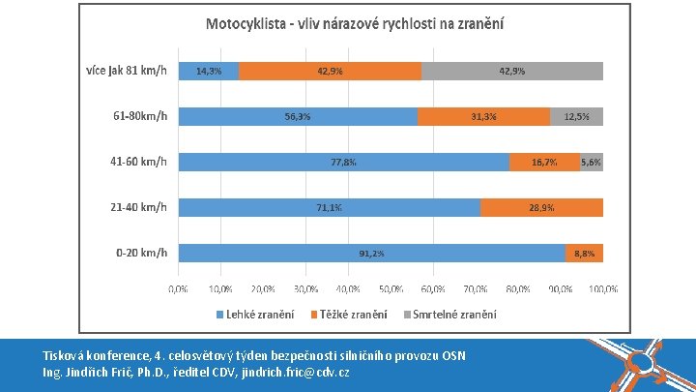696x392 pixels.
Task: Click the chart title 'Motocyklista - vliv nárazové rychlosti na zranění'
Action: pyautogui.click(x=354, y=22)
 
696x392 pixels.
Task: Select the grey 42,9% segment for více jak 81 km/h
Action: pyautogui.click(x=512, y=71)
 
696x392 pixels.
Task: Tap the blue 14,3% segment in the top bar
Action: pyautogui.click(x=209, y=71)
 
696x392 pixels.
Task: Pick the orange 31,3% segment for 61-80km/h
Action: pyautogui.click(x=483, y=116)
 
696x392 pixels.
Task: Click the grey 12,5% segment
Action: pyautogui.click(x=576, y=116)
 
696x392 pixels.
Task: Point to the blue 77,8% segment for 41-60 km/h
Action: pyautogui.click(x=343, y=162)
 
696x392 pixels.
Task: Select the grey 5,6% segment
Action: pyautogui.click(x=592, y=162)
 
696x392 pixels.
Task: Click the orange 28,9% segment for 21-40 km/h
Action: pyautogui.click(x=541, y=207)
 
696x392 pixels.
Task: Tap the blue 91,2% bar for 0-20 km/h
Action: pyautogui.click(x=371, y=253)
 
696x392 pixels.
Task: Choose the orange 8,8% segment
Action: pyautogui.click(x=584, y=253)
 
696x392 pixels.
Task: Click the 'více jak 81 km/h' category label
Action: pyautogui.click(x=125, y=71)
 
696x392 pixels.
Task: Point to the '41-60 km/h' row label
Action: pyautogui.click(x=138, y=162)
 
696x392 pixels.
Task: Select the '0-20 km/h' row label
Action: pyautogui.click(x=141, y=253)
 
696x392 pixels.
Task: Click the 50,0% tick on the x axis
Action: pyautogui.click(x=391, y=288)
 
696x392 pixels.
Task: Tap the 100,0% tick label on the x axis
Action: pyautogui.click(x=603, y=288)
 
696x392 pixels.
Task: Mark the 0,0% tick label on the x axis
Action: pyautogui.click(x=179, y=288)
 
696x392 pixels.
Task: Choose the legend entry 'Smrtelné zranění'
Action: pyautogui.click(x=453, y=314)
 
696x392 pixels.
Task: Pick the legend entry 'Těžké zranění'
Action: pyautogui.click(x=354, y=314)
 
